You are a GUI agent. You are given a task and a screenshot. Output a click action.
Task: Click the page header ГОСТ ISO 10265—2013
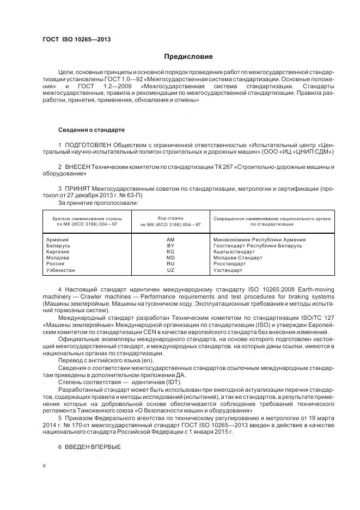click(72, 40)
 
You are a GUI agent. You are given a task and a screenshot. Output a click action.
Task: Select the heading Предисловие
click(188, 57)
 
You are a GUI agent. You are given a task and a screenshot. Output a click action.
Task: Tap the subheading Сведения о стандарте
click(91, 130)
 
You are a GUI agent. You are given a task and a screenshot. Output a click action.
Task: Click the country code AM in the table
click(170, 239)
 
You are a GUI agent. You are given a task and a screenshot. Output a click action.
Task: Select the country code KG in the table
click(170, 252)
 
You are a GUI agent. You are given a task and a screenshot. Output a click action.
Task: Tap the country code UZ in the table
click(170, 270)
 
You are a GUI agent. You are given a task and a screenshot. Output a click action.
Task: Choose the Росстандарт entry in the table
click(230, 264)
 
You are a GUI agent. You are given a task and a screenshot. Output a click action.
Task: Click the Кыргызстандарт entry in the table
click(234, 252)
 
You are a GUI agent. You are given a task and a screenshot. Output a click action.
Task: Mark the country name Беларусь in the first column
click(59, 246)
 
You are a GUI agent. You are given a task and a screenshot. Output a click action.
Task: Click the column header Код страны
click(170, 217)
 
